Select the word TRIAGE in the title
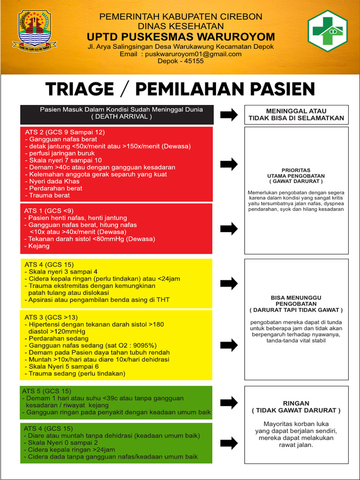[x=80, y=89]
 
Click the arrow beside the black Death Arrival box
[x=229, y=115]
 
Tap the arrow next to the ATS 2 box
[x=229, y=164]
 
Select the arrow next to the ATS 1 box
[x=229, y=229]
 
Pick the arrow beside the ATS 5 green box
[x=229, y=402]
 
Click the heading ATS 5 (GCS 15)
[x=47, y=391]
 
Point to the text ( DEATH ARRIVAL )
[x=121, y=117]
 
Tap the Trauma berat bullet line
[x=49, y=195]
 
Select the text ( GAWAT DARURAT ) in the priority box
[x=296, y=181]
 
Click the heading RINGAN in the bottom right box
[x=296, y=403]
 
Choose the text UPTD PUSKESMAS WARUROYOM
[x=181, y=37]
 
